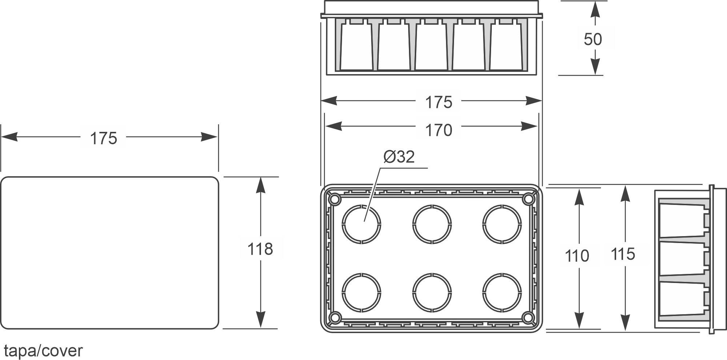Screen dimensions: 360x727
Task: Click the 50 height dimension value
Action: (x=593, y=39)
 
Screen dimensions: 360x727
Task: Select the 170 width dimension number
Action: (x=438, y=130)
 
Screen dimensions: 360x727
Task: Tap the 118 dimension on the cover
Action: (x=260, y=249)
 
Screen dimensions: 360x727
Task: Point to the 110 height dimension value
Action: (x=577, y=256)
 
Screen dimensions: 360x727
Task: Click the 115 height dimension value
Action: (x=623, y=254)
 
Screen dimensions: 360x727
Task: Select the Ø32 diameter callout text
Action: (x=399, y=157)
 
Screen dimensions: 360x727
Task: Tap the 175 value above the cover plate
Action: (x=104, y=138)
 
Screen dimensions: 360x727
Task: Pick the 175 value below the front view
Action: (x=438, y=102)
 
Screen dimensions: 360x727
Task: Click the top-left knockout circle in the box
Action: (x=362, y=224)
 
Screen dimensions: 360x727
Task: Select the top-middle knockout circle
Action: (x=432, y=224)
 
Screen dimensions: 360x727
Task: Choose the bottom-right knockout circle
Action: (x=502, y=293)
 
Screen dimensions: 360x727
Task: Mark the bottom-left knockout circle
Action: (x=362, y=293)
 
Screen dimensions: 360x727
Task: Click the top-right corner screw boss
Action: (x=528, y=199)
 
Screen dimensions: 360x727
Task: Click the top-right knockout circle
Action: (x=502, y=224)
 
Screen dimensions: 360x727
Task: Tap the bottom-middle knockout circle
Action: (x=432, y=293)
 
